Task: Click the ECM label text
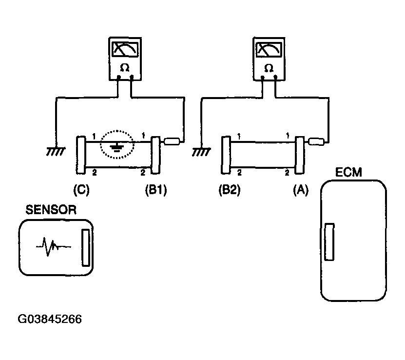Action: click(348, 172)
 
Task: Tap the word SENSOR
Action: click(51, 210)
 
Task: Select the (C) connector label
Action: click(81, 190)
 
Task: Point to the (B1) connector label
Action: click(156, 190)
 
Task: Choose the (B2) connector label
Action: click(230, 190)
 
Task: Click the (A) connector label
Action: click(301, 190)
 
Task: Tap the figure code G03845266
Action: click(50, 319)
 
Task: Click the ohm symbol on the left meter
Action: click(125, 68)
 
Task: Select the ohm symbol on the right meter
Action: click(269, 68)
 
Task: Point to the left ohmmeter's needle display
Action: click(125, 49)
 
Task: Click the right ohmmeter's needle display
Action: click(269, 49)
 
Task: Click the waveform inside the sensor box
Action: click(53, 246)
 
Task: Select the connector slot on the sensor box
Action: click(86, 248)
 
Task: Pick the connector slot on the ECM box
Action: click(329, 242)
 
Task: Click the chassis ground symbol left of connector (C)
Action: click(56, 151)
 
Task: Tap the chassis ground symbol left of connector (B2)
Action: click(201, 152)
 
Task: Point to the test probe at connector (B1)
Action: click(172, 141)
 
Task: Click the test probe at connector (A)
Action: click(316, 141)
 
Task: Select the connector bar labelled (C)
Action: click(81, 155)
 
